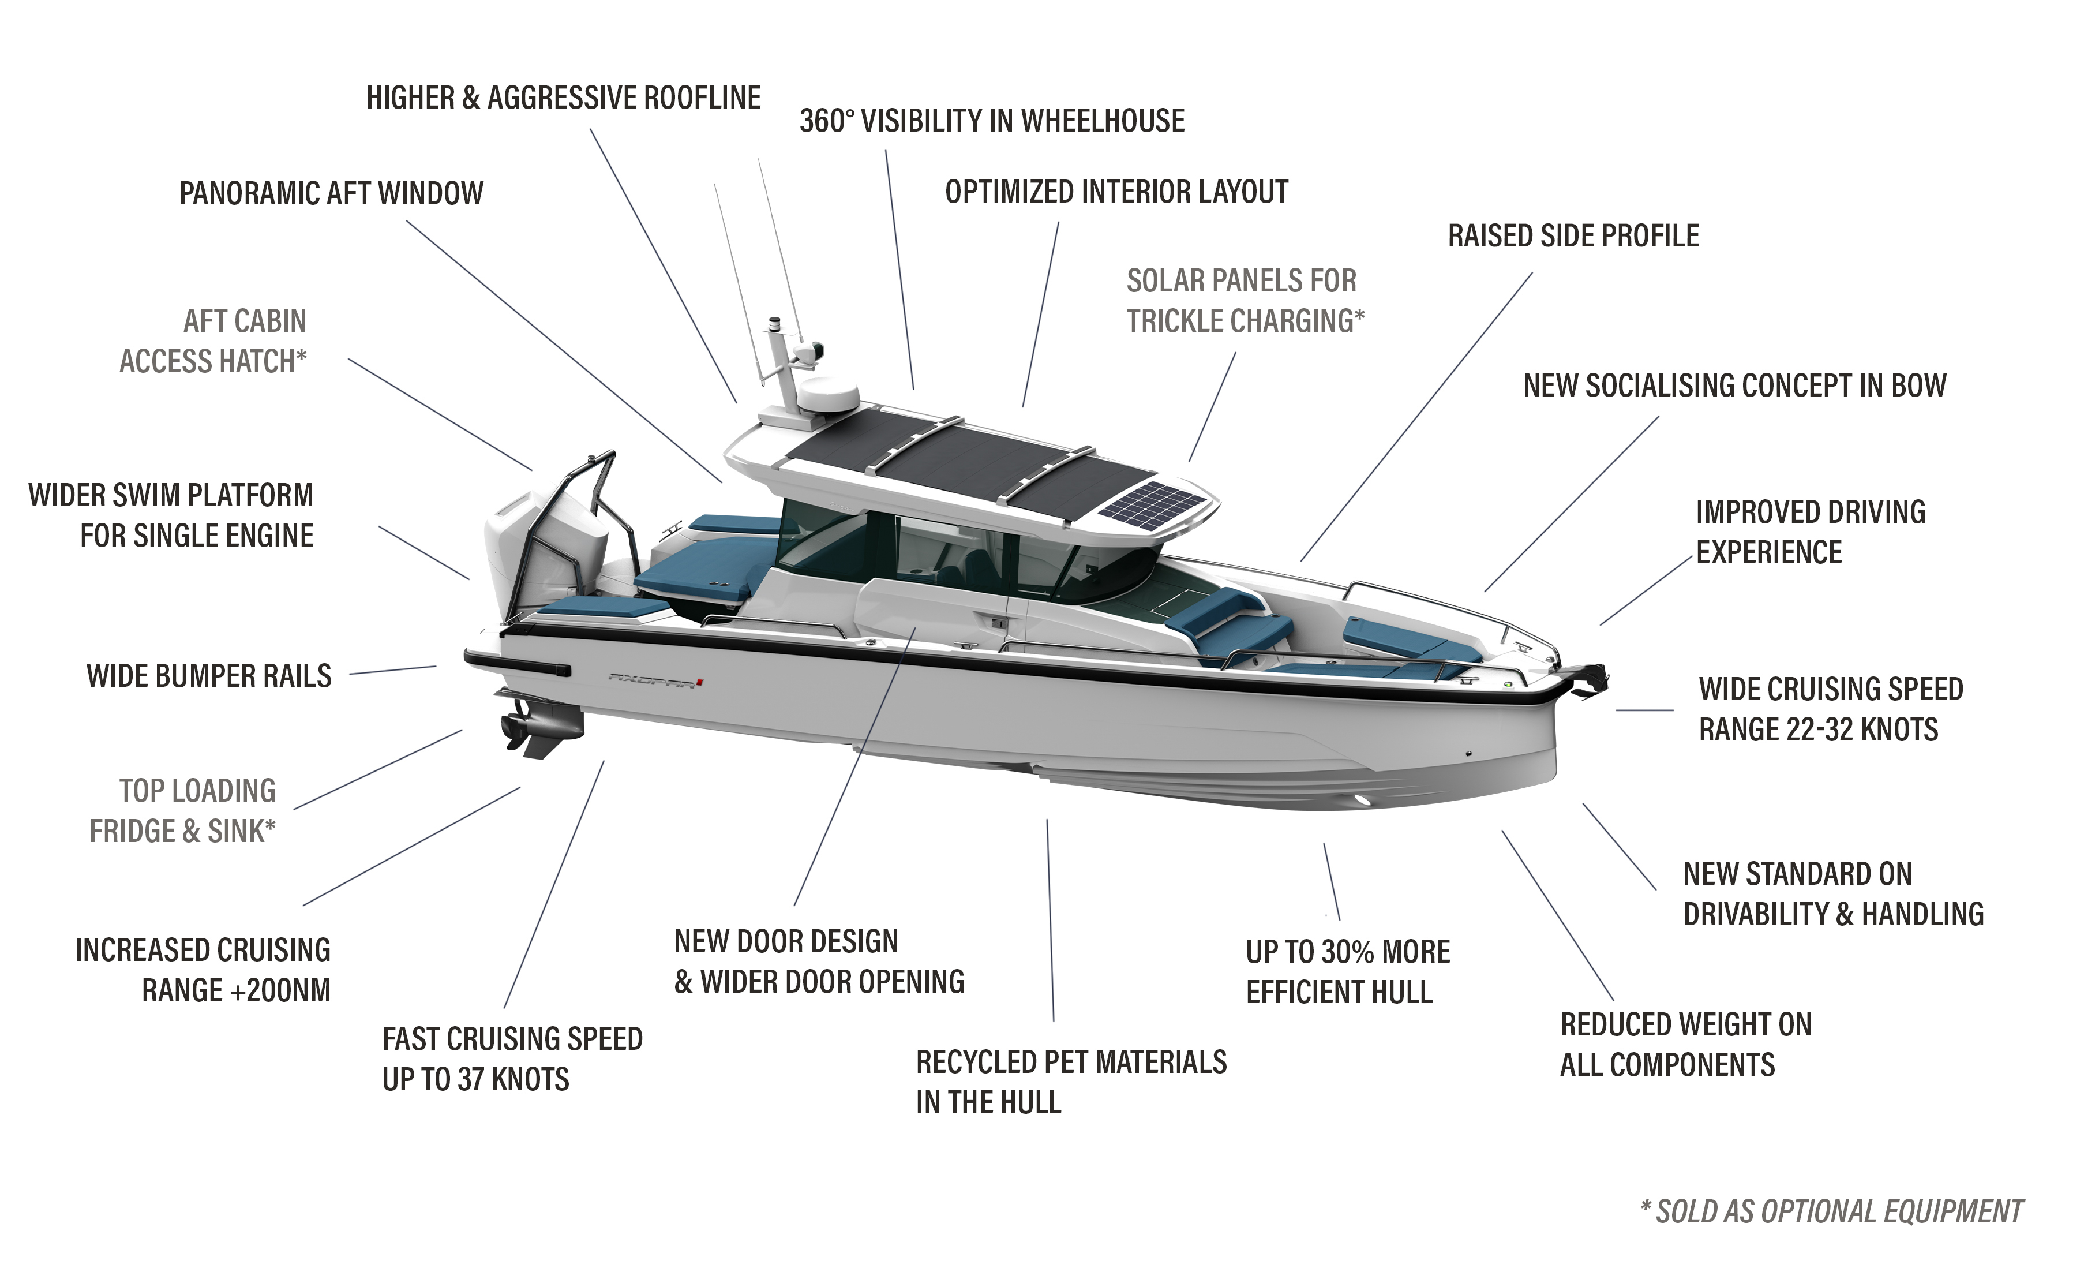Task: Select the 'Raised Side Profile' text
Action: click(1573, 236)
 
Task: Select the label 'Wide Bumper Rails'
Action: click(209, 677)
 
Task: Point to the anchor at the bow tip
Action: click(1590, 682)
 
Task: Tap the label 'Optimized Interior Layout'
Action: click(1116, 192)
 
